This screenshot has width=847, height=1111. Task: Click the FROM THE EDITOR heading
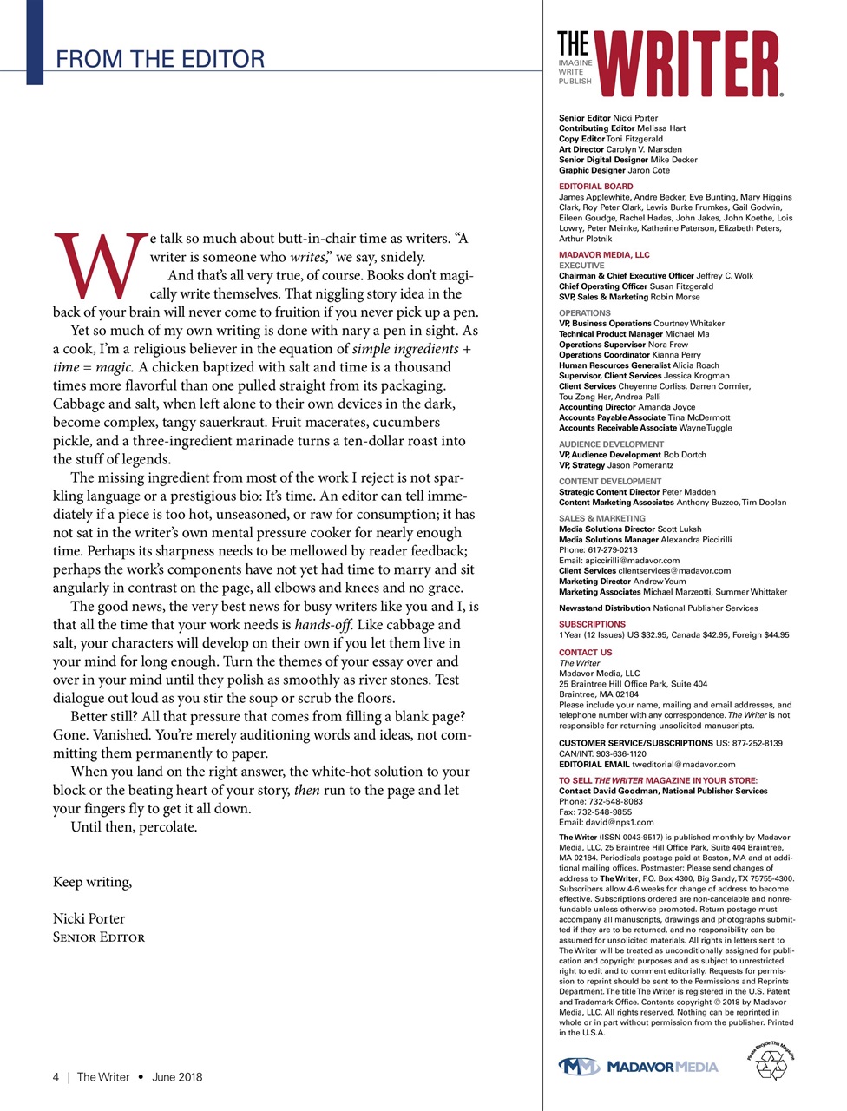[160, 59]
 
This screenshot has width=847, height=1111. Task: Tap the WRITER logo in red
[690, 64]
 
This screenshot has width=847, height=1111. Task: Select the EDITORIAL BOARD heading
[595, 187]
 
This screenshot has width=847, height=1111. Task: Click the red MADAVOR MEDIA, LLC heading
[604, 255]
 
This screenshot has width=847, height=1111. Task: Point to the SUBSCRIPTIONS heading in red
[592, 624]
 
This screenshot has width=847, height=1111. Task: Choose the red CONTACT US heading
[585, 653]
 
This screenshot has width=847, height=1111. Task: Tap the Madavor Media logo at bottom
[638, 1066]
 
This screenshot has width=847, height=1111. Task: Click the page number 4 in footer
[56, 1077]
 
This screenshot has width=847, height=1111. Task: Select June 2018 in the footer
[177, 1077]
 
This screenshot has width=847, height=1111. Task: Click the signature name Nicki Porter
[89, 918]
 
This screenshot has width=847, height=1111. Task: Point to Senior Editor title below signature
[99, 937]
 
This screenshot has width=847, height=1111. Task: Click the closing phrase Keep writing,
[92, 882]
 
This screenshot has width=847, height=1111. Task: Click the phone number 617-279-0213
[613, 550]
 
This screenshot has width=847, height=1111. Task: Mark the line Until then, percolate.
[134, 827]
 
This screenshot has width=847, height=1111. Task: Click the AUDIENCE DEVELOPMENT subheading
[611, 444]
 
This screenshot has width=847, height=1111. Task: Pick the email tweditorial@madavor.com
[683, 765]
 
